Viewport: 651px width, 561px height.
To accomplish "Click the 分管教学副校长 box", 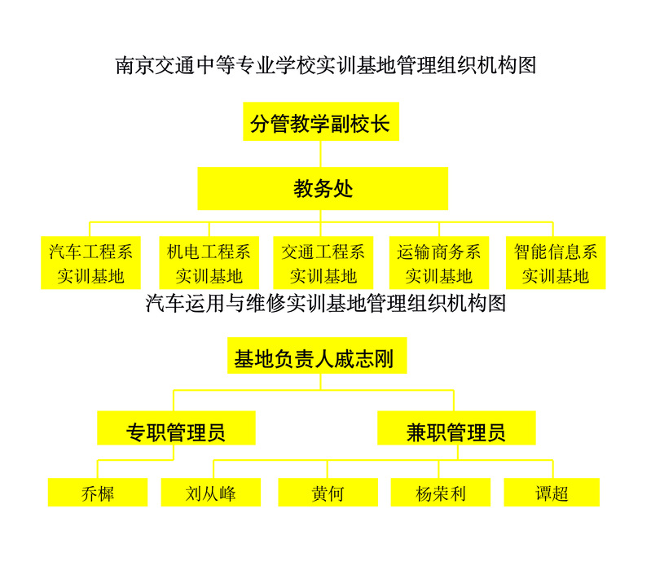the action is coord(321,121).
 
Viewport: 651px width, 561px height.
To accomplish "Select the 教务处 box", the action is coord(323,188).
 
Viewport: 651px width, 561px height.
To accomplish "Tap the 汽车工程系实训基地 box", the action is coord(90,263).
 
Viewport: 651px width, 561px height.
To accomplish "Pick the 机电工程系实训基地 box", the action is coord(209,263).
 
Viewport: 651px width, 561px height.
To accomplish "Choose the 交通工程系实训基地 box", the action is coord(323,263).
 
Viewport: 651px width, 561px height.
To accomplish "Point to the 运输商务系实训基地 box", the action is coord(439,263).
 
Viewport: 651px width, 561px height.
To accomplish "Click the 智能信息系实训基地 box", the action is coord(556,263).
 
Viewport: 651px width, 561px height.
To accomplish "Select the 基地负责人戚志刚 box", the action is coord(317,356).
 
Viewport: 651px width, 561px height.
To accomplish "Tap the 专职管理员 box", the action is coord(176,428).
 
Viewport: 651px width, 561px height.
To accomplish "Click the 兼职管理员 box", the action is coord(456,428).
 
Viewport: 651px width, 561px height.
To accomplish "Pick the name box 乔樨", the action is coord(98,492).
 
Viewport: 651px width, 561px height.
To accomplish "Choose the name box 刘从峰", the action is coord(211,492).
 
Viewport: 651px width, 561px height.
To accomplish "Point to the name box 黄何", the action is coord(328,492).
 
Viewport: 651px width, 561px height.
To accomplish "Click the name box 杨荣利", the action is coord(441,492).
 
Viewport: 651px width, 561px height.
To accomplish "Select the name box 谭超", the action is coord(552,492).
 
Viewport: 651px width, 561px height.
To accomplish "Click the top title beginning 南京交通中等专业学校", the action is coord(326,66).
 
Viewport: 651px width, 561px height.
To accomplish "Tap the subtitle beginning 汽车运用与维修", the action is coord(326,304).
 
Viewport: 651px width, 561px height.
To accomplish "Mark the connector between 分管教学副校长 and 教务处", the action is coord(320,154).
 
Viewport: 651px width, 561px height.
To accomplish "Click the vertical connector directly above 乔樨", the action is coord(98,469).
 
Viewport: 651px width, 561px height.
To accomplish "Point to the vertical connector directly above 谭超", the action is coord(552,469).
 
